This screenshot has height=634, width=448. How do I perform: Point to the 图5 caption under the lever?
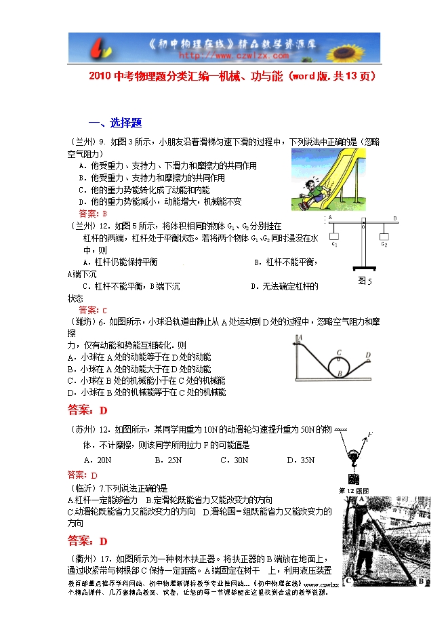click(365, 281)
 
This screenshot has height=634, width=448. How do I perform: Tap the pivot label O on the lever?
click(361, 227)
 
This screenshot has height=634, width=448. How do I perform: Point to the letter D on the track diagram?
click(367, 355)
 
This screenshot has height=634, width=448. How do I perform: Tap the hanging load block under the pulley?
click(352, 477)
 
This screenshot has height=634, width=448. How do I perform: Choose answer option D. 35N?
click(300, 460)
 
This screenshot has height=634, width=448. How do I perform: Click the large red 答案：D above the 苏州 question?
click(88, 410)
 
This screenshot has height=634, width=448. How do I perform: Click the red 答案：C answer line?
click(93, 309)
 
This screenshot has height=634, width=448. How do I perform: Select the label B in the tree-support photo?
click(420, 580)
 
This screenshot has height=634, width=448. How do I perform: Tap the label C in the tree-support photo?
click(348, 580)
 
